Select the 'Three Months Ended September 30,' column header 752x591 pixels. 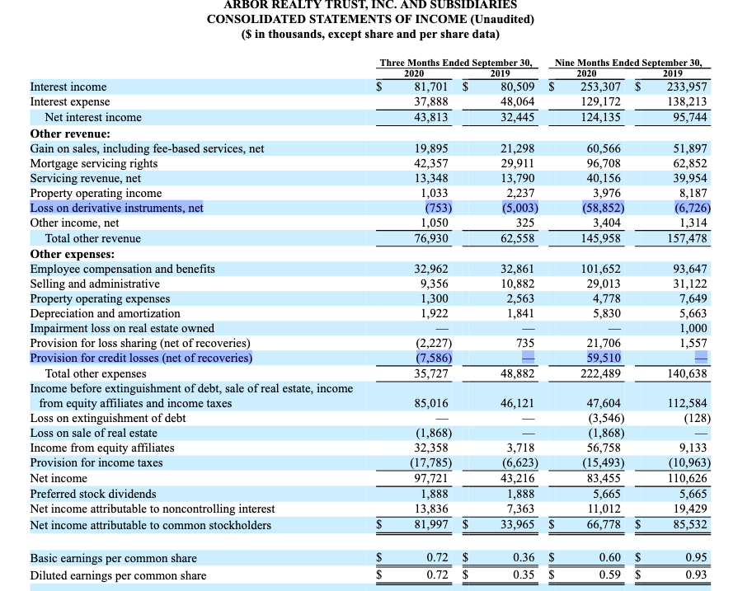point(455,62)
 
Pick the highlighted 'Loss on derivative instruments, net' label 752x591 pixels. point(116,208)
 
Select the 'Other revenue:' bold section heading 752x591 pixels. point(70,134)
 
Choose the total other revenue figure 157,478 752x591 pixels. point(689,238)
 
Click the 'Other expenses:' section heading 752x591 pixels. point(73,254)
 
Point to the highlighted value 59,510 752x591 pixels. point(603,358)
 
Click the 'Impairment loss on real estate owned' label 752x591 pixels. point(122,328)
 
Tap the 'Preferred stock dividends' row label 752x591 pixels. point(92,494)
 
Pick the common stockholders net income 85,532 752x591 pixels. point(689,525)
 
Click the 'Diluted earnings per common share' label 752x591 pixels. point(118,575)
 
